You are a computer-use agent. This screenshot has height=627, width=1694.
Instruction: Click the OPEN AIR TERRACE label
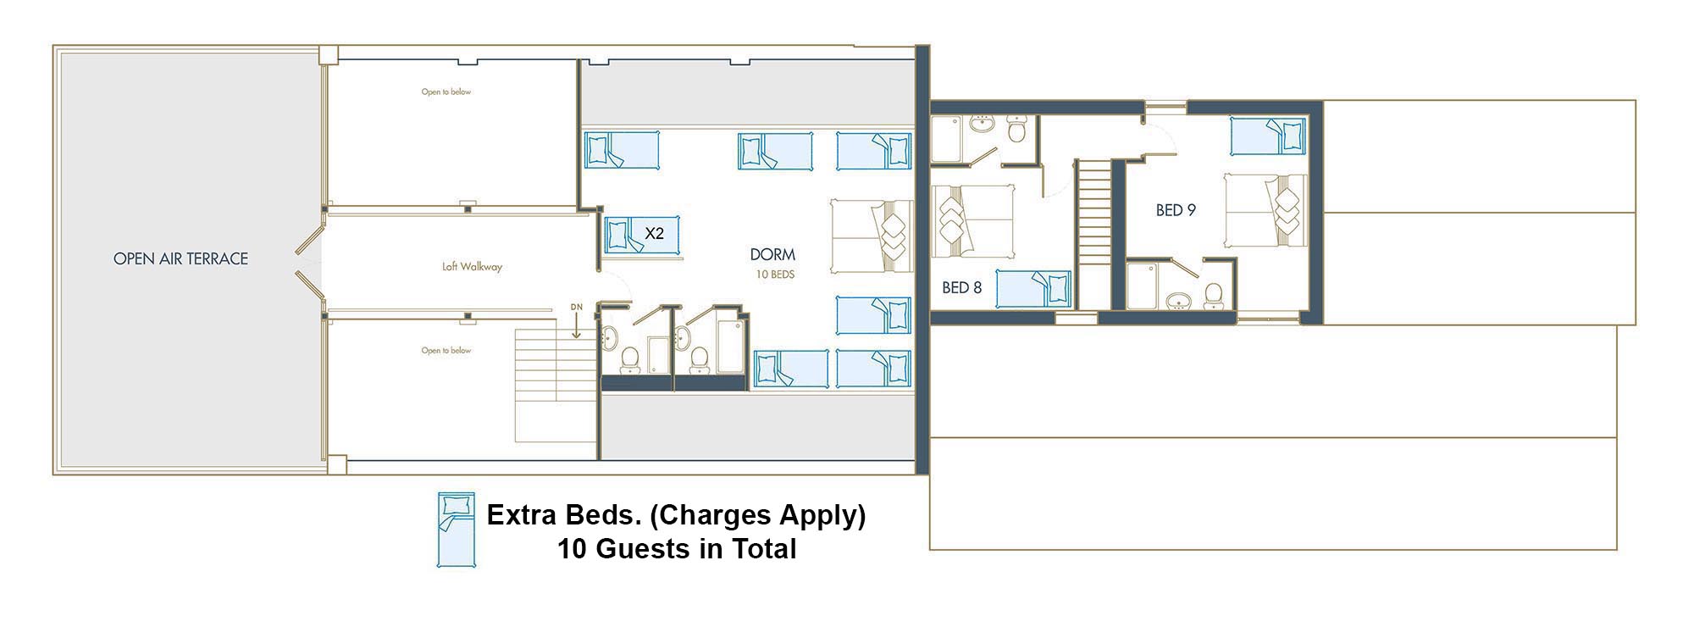(180, 259)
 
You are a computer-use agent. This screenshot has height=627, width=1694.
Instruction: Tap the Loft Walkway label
(472, 267)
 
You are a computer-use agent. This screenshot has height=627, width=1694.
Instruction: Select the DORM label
(772, 254)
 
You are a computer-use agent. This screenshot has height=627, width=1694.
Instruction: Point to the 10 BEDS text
(775, 275)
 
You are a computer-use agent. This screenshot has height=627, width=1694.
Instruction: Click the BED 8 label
(961, 288)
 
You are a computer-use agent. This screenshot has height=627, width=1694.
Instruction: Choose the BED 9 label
(1176, 210)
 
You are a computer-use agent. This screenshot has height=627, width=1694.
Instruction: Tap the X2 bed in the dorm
(642, 234)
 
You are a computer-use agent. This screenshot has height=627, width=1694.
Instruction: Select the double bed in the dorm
(872, 236)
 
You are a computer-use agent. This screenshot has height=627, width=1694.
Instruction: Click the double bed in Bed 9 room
(1265, 211)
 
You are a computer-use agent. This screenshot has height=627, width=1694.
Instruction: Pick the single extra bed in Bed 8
(1033, 289)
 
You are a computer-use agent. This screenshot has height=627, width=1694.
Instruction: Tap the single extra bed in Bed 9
(1268, 136)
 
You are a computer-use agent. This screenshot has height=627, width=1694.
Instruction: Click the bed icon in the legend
(456, 530)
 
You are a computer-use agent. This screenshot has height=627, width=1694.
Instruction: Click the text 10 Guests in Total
(677, 549)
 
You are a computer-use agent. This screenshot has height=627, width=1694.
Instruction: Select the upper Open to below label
(446, 92)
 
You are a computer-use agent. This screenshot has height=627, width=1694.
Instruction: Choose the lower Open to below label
(446, 351)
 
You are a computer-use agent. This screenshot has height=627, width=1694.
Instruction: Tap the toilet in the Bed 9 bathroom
(1214, 296)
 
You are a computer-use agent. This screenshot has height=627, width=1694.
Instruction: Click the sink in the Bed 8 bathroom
(983, 125)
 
